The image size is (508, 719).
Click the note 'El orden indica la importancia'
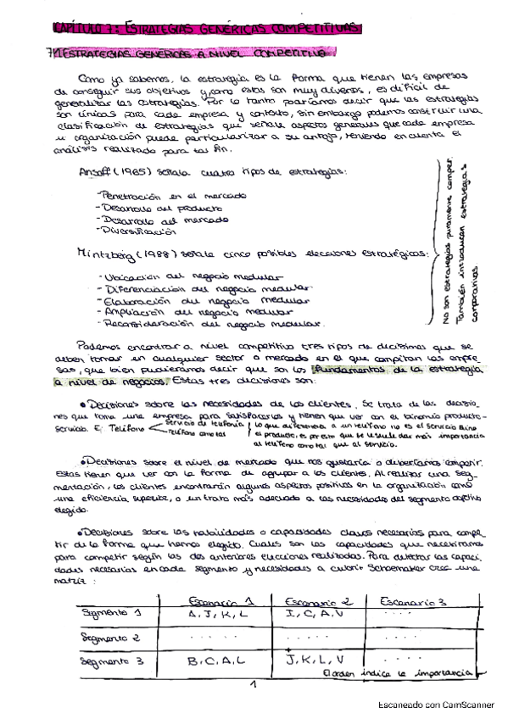click(395, 673)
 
